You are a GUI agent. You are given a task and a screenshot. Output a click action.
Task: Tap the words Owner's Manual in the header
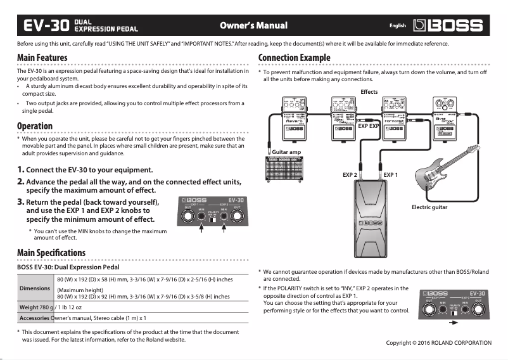pos(253,26)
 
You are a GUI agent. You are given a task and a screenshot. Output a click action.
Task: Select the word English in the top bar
pos(397,26)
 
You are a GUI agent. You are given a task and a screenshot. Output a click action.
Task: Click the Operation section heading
pos(35,125)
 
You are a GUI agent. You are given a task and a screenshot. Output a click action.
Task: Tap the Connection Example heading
pos(295,58)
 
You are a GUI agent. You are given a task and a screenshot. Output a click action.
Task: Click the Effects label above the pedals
pos(369,93)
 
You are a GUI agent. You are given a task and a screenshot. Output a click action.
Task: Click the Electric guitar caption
pos(429,207)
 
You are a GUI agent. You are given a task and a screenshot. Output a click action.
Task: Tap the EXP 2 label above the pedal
pos(350,174)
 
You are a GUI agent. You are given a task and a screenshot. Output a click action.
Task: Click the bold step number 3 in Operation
pos(20,202)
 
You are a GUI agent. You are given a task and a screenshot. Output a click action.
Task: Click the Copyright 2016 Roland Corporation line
pos(438,343)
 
